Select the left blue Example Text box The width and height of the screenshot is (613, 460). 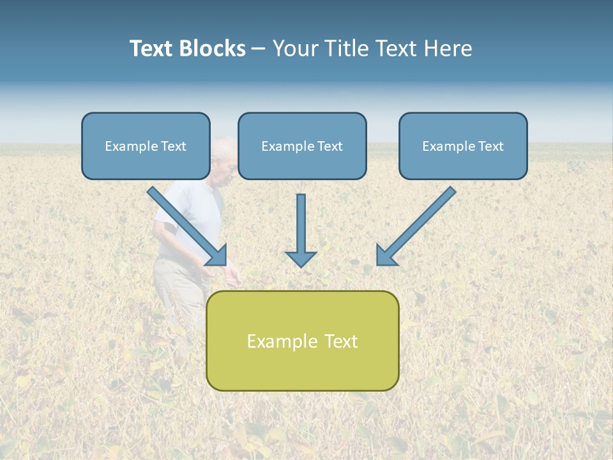146,146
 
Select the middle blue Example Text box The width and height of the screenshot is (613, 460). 302,146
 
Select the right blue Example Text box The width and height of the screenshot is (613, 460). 463,146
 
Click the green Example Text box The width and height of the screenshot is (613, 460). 302,341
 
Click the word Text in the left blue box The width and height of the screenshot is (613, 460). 173,146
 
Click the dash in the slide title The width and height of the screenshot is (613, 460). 259,49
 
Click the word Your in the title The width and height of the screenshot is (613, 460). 295,49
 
